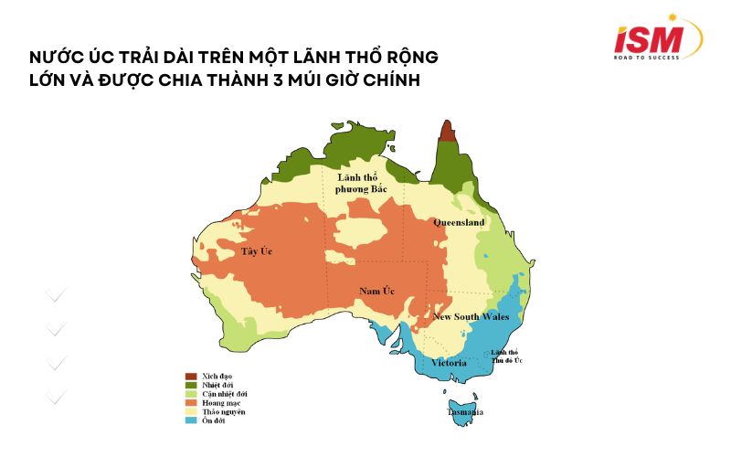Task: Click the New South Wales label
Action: [471, 316]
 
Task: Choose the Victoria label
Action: [449, 363]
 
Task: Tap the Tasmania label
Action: [465, 412]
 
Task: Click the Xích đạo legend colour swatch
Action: [191, 377]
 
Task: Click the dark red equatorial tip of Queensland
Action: [447, 130]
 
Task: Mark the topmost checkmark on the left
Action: [57, 294]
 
